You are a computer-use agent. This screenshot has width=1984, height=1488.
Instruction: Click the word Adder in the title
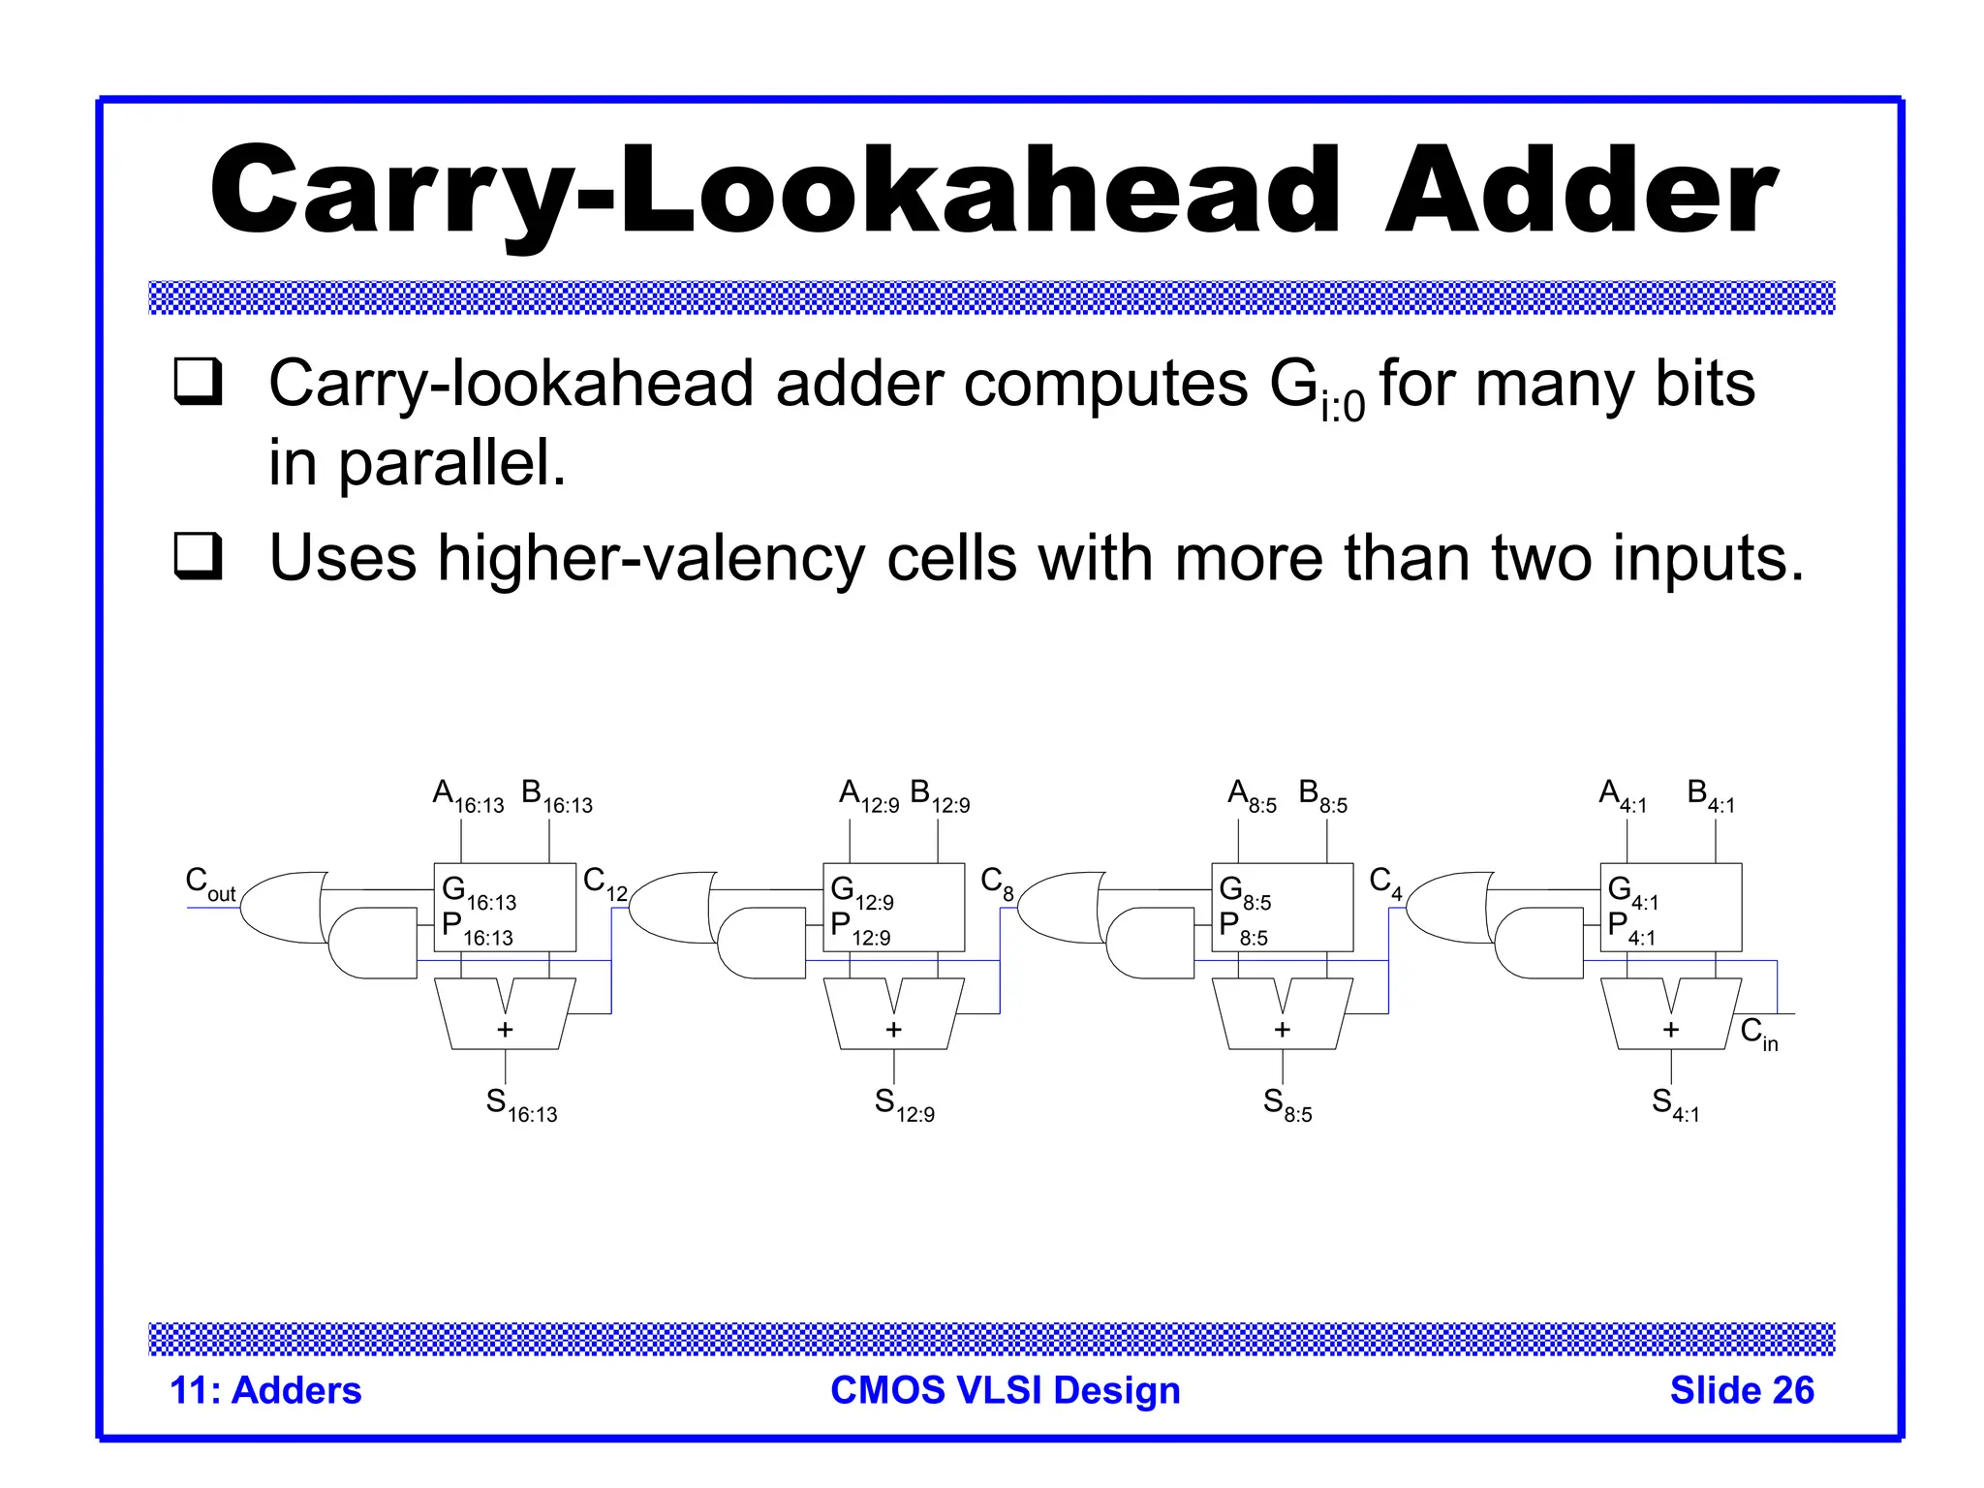tap(1581, 190)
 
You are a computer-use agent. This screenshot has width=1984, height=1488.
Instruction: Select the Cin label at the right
tap(1758, 1034)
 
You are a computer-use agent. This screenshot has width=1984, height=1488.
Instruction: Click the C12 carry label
tap(604, 883)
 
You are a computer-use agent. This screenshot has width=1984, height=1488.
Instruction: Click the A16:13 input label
tap(468, 796)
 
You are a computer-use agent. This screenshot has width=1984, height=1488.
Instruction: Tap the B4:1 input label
tap(1710, 796)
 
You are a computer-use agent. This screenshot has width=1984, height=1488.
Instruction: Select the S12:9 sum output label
tap(904, 1104)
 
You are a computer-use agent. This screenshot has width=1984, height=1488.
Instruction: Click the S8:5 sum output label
tap(1287, 1104)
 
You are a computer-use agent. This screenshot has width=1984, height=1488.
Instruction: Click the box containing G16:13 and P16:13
tap(505, 908)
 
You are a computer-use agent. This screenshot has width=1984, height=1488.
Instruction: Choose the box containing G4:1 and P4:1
tap(1670, 908)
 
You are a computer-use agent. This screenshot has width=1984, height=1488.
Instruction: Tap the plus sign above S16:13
tap(505, 1029)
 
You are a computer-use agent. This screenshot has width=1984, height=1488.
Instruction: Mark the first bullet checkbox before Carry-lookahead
tap(199, 382)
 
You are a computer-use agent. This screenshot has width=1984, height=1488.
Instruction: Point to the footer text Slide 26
tap(1741, 1390)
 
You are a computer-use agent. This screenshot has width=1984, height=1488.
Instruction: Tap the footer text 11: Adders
tap(265, 1390)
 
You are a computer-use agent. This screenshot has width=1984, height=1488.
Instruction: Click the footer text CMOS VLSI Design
tap(1005, 1390)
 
